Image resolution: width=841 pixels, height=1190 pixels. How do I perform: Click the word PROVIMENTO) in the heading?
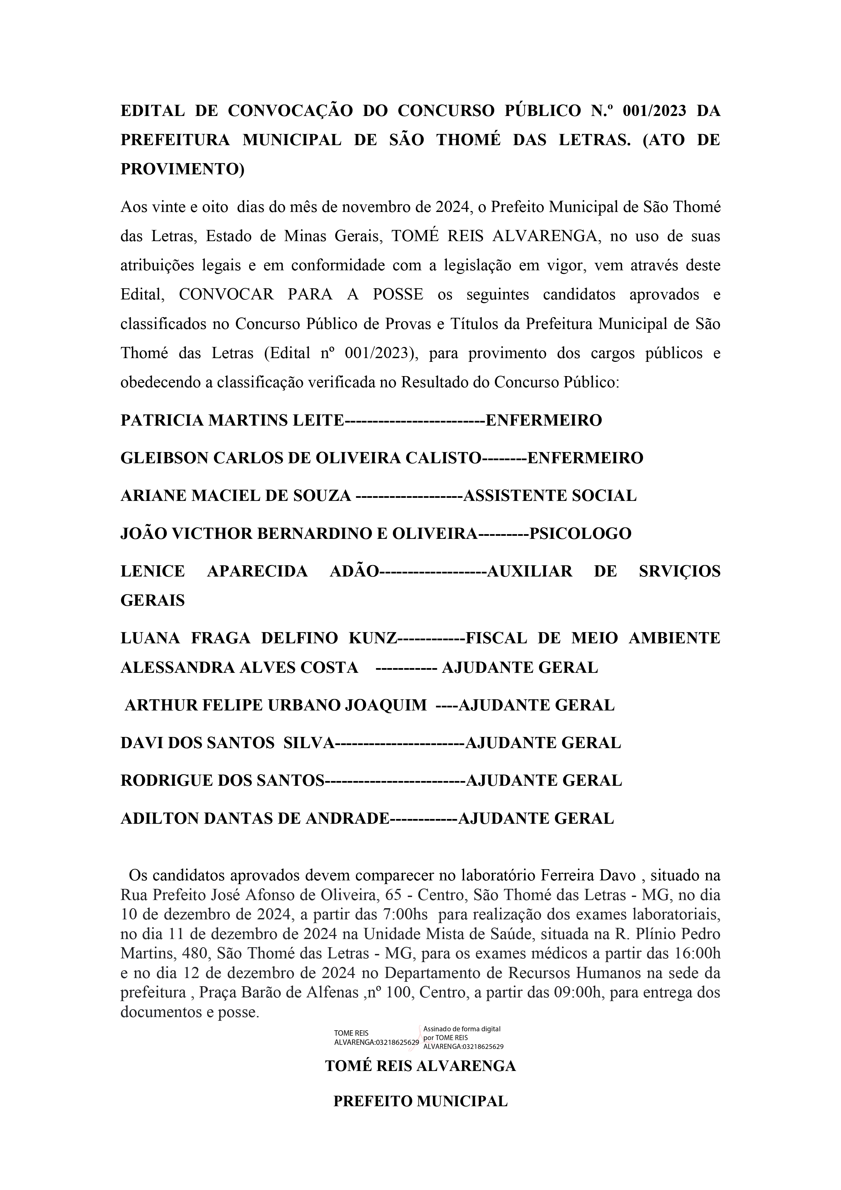point(182,170)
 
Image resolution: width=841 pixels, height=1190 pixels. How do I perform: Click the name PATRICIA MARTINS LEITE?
point(232,420)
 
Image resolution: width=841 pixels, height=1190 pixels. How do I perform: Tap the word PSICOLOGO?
point(580,533)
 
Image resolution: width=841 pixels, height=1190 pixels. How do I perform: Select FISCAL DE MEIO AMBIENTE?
point(593,638)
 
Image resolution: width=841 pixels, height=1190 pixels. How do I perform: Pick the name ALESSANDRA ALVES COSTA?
point(239,667)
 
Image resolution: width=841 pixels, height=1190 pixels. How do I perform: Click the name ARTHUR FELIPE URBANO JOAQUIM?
point(276,705)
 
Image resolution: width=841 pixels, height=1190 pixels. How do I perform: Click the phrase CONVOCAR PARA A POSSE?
point(301,294)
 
